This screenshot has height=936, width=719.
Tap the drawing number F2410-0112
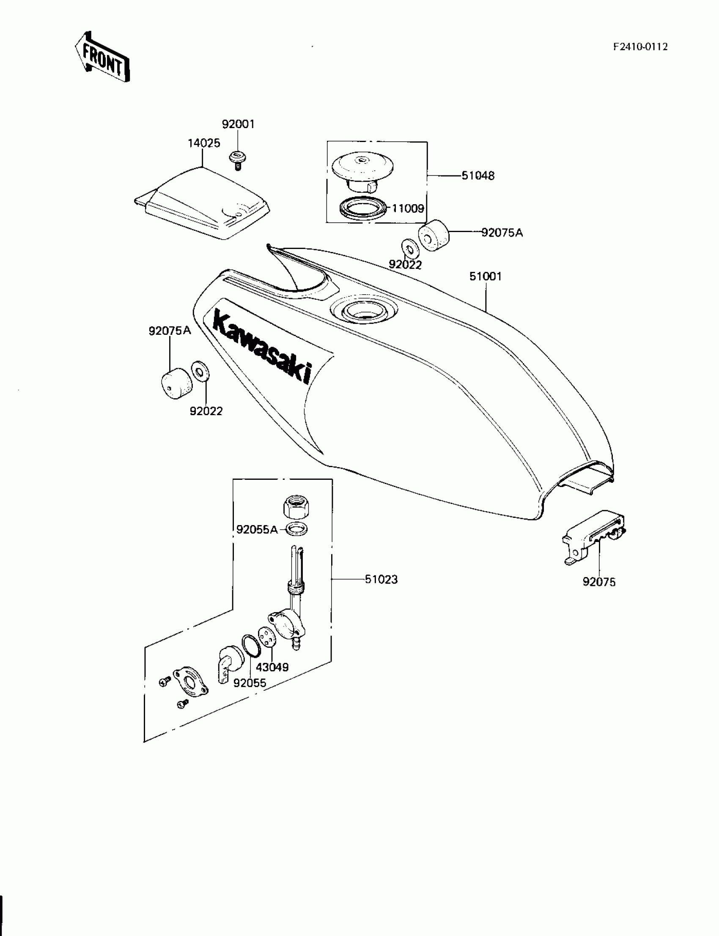[640, 47]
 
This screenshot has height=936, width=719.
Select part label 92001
[238, 124]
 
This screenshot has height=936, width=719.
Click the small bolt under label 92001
[236, 160]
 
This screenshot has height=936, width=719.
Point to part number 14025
[204, 143]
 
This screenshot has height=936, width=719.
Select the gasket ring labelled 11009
[362, 209]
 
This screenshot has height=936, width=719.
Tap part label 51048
[478, 175]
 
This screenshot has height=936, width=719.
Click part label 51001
[486, 276]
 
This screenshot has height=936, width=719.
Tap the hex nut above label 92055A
[296, 508]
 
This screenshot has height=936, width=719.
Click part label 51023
[381, 579]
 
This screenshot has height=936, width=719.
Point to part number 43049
[272, 667]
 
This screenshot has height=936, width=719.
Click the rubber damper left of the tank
[176, 384]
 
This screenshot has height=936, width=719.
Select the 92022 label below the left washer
[206, 411]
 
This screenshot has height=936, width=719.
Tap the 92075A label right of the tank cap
[502, 233]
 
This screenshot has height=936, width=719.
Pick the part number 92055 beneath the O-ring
[250, 683]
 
